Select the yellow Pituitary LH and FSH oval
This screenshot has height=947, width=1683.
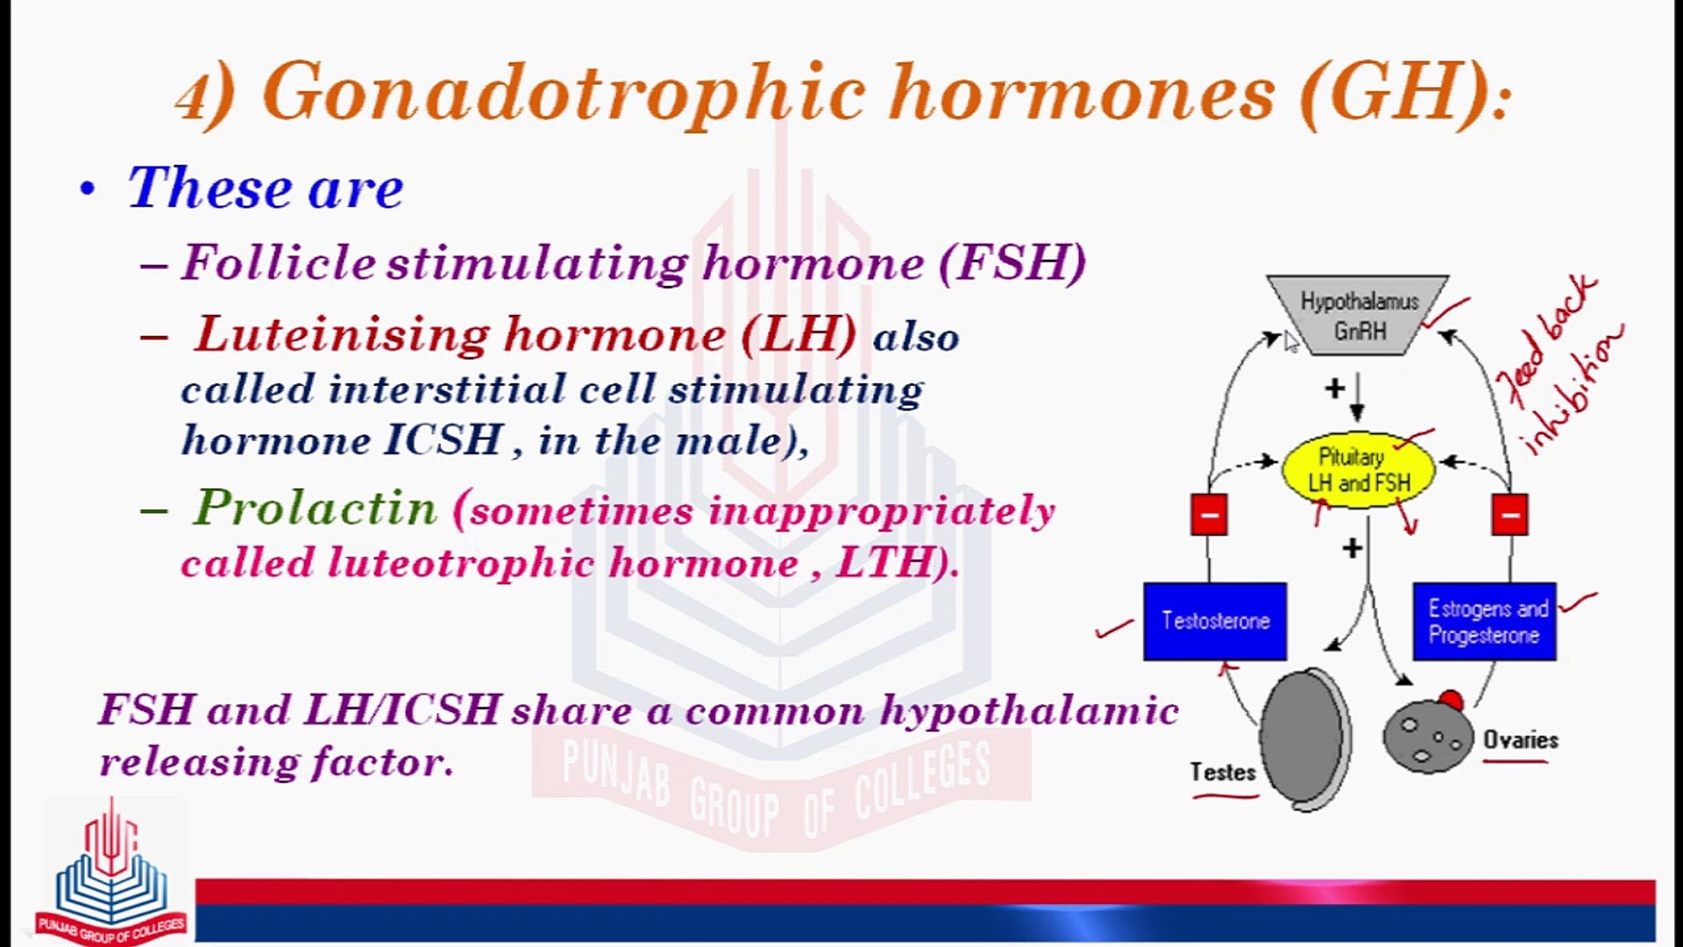coord(1358,470)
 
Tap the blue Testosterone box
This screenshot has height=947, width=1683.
coord(1215,621)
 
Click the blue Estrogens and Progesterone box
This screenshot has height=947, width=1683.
coord(1485,621)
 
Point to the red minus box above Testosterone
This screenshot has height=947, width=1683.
coord(1209,515)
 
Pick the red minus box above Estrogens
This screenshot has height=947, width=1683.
coord(1509,515)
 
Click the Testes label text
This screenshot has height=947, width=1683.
coord(1222,773)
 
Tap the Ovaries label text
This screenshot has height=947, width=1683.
coord(1521,740)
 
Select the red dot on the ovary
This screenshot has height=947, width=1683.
coord(1451,700)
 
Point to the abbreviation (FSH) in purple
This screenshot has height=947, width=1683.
coord(1012,262)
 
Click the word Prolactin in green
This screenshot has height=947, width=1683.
coord(315,508)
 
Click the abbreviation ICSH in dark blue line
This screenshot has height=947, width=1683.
coord(444,440)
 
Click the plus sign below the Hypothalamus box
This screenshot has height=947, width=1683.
coord(1335,388)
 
